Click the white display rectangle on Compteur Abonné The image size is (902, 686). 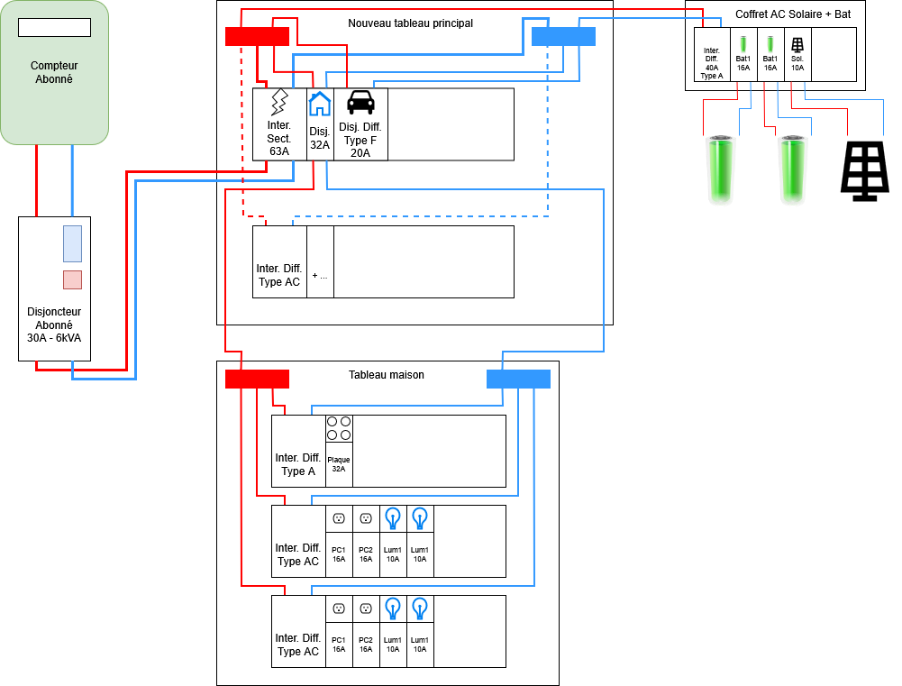pos(54,27)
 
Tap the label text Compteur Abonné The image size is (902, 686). pos(54,72)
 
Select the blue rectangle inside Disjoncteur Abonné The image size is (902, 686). pos(72,243)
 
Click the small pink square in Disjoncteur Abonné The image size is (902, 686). pos(72,279)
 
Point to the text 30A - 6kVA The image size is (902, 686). pos(54,339)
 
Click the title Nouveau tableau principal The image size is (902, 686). pos(410,23)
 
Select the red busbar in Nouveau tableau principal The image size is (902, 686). pos(257,36)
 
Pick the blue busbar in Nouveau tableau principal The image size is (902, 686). pos(563,36)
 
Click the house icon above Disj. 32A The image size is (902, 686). pos(320,105)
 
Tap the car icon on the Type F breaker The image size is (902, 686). pos(360,102)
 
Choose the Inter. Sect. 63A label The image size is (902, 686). pos(279,138)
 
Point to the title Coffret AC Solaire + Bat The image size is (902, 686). pos(793,14)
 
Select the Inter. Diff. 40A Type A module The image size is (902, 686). pos(712,55)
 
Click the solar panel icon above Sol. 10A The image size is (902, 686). pos(797,43)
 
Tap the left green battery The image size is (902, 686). pos(720,169)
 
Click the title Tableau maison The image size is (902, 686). pos(386,375)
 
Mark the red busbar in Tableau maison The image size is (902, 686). pos(257,379)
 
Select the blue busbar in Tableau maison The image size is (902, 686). pos(518,379)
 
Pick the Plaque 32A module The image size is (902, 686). pos(339,451)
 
